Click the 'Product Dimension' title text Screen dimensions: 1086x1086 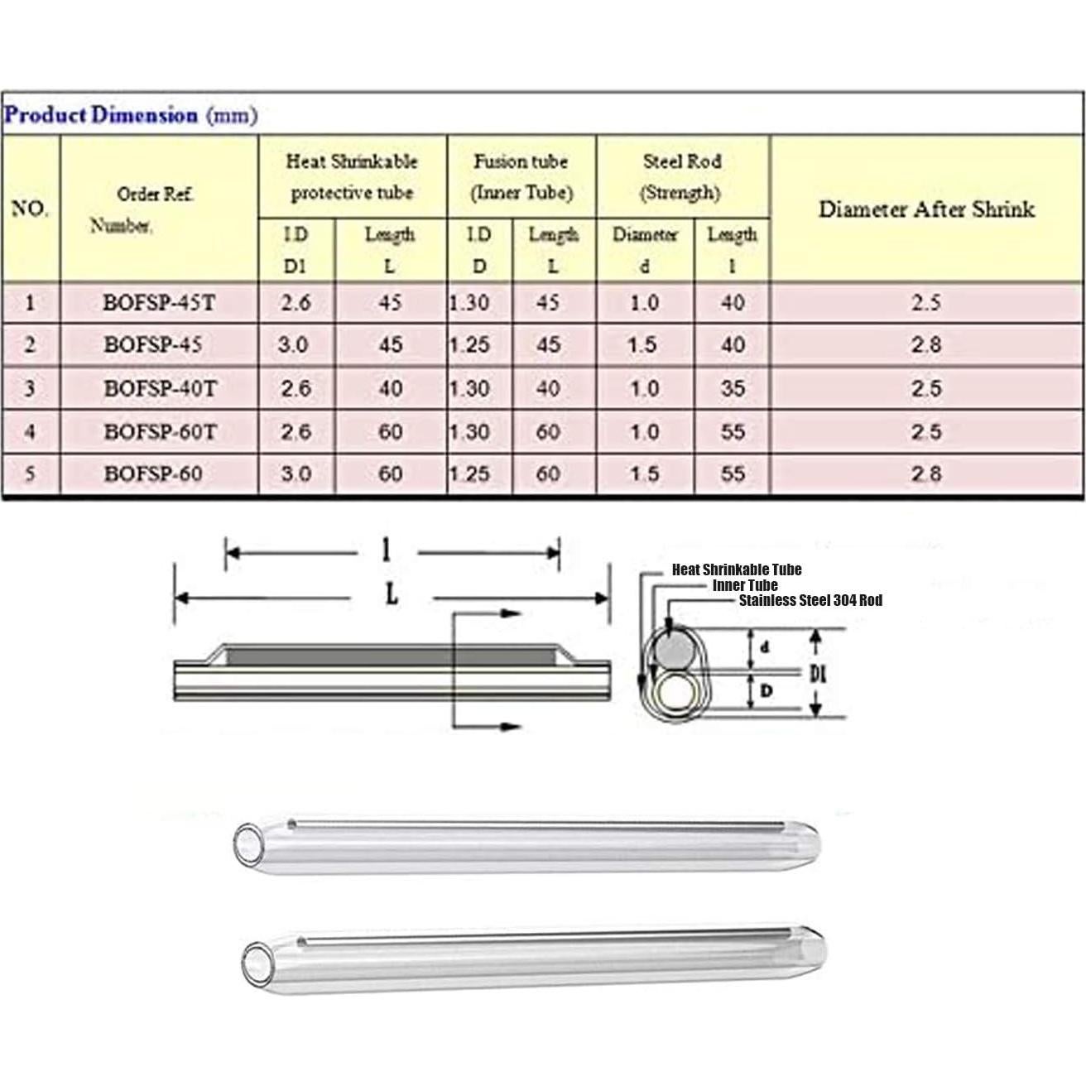click(x=101, y=114)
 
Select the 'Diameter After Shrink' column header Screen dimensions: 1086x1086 click(x=926, y=209)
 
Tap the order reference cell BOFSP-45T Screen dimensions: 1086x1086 click(x=158, y=303)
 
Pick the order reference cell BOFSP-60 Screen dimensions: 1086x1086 click(x=153, y=474)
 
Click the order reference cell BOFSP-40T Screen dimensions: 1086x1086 click(x=159, y=388)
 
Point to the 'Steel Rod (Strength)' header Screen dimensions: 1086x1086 click(x=681, y=176)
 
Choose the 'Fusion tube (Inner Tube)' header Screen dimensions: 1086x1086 click(x=521, y=176)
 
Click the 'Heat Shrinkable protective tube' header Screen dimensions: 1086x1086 click(x=352, y=176)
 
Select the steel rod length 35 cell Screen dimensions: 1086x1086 click(x=732, y=388)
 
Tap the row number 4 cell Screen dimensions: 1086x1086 click(x=30, y=431)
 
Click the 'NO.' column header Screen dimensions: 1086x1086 click(x=30, y=209)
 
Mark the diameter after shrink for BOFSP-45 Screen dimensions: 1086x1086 click(x=925, y=345)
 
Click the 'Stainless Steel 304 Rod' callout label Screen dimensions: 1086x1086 click(x=810, y=600)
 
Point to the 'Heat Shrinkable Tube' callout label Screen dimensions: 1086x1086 click(x=736, y=569)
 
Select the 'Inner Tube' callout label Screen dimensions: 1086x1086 click(x=745, y=585)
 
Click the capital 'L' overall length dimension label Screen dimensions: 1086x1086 click(x=392, y=593)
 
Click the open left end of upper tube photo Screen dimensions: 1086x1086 click(x=247, y=844)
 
